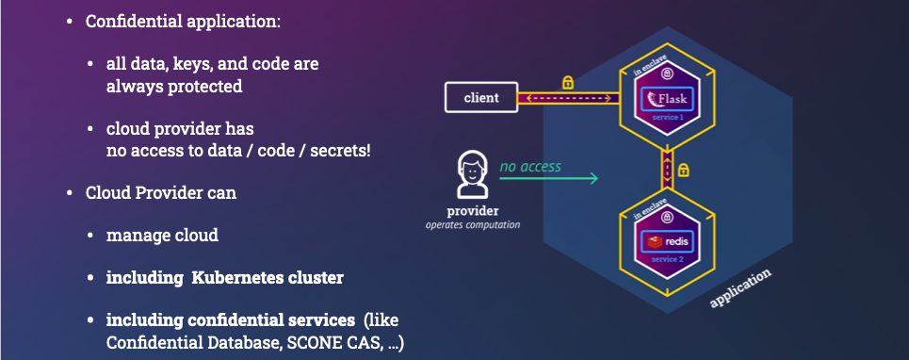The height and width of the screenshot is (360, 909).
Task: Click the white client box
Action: (481, 96)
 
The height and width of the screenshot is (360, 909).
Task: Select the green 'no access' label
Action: (529, 167)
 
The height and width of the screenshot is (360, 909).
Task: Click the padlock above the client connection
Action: (567, 82)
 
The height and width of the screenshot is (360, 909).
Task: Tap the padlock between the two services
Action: (685, 171)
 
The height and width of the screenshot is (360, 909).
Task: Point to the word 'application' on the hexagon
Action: (742, 287)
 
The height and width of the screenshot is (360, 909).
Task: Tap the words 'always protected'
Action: (173, 86)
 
